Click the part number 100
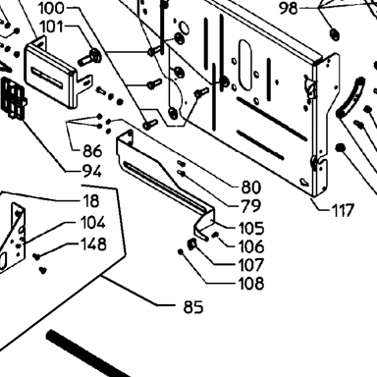tap(51, 8)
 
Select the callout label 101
tap(51, 27)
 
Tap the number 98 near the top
tap(289, 8)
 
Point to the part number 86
tap(92, 151)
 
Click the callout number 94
tap(92, 171)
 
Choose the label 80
tap(251, 188)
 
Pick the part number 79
tap(251, 206)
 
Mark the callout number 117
tap(343, 210)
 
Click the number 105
tap(251, 228)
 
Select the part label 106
tap(251, 246)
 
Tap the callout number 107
tap(251, 265)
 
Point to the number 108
tap(251, 284)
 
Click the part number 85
tap(193, 307)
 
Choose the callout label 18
tap(91, 201)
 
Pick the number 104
tap(93, 223)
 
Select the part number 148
tap(93, 244)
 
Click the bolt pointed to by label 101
tap(90, 57)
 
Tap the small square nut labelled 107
tap(191, 243)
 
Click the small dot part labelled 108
tap(181, 251)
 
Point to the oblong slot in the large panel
tap(245, 65)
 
